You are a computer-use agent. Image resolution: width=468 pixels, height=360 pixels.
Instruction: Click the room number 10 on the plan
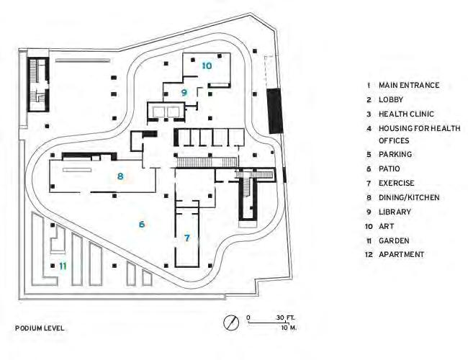point(207,66)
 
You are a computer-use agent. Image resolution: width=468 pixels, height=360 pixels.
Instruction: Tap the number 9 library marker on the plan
point(184,92)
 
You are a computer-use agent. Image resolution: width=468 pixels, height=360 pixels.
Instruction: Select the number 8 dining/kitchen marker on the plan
point(120,176)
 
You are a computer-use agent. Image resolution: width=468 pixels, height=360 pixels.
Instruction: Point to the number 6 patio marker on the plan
point(142,225)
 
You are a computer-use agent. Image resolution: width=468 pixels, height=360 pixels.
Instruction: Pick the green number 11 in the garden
point(63,266)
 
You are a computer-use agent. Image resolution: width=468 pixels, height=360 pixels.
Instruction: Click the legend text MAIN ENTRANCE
point(408,86)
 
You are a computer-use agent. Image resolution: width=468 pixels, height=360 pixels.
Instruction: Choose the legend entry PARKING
point(395,154)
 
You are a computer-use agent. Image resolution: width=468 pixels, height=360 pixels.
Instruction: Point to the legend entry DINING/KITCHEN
point(409,197)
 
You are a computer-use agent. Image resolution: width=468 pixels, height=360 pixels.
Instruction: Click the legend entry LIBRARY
point(395,212)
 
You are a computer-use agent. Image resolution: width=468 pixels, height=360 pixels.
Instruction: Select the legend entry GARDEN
point(394,240)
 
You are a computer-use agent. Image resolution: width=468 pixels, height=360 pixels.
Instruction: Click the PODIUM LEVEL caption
point(40,328)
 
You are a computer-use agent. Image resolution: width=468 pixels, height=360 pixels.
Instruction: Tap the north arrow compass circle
point(232,323)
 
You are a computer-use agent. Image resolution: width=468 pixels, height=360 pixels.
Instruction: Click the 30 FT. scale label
point(286,318)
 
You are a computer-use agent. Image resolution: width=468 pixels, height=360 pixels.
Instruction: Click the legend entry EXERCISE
point(397,183)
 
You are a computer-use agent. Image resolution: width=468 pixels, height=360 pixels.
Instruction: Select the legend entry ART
point(386,226)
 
